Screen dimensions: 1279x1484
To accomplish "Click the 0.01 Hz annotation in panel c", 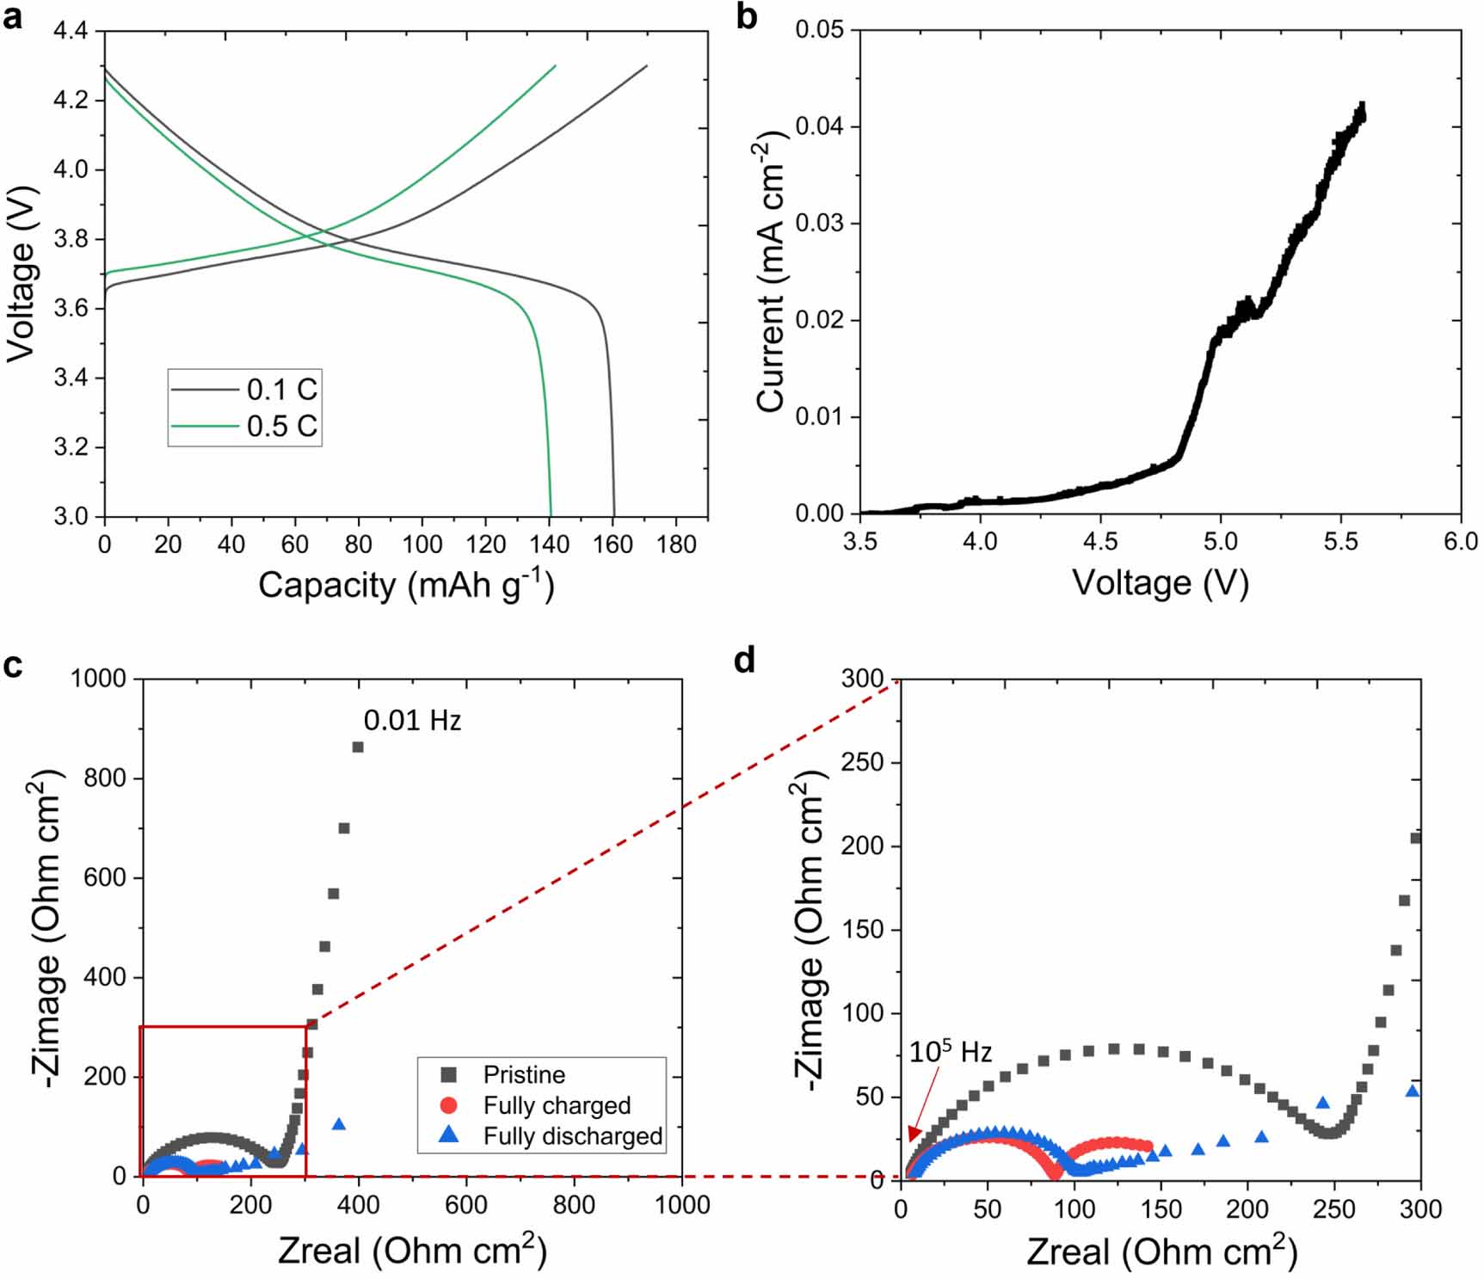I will point(412,720).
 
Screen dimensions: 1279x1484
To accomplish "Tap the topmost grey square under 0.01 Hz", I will point(358,747).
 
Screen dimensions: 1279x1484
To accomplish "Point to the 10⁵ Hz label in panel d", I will point(950,1052).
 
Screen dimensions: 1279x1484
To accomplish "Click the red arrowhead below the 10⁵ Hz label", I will point(914,1135).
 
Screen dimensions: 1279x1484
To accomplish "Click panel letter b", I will point(747,17).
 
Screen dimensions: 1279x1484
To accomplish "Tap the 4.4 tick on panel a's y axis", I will point(71,31).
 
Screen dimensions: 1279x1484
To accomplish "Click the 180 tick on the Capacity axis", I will point(675,544).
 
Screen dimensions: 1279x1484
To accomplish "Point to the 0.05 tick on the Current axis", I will point(819,30).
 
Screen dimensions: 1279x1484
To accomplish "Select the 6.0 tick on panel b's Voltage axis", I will point(1460,542).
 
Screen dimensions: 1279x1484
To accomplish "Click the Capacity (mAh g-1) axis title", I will point(405,586).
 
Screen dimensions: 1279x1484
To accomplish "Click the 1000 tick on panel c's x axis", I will point(681,1205).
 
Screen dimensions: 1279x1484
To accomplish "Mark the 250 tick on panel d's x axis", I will point(1333,1209).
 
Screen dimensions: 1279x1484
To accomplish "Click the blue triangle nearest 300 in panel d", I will point(1412,1091).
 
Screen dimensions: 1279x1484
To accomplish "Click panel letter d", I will point(744,661).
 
